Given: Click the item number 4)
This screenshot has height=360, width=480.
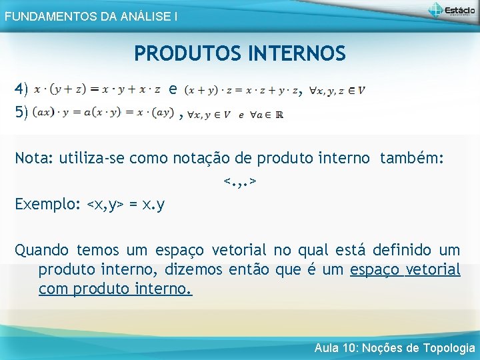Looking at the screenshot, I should pos(21,89).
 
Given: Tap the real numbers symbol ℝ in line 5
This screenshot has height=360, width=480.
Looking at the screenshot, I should pos(279,115).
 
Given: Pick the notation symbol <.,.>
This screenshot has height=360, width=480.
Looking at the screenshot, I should pos(240,181).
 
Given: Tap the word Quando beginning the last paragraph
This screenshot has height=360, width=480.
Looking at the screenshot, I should pos(41,250).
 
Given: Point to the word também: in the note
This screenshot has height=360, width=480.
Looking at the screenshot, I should pos(411,158).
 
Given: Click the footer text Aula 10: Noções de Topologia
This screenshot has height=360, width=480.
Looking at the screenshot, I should pos(395,348).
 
